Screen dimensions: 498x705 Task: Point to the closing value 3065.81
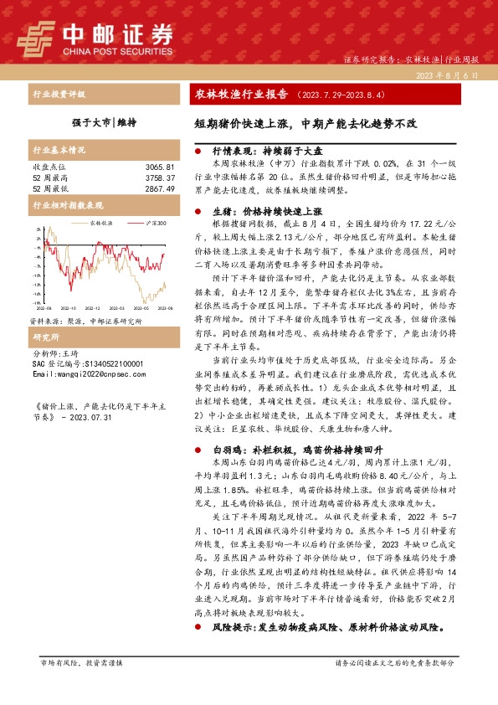tap(159, 167)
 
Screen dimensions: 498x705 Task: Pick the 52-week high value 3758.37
tap(159, 178)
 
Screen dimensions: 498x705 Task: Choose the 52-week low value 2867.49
tap(159, 189)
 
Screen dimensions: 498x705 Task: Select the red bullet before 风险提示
tap(198, 627)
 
